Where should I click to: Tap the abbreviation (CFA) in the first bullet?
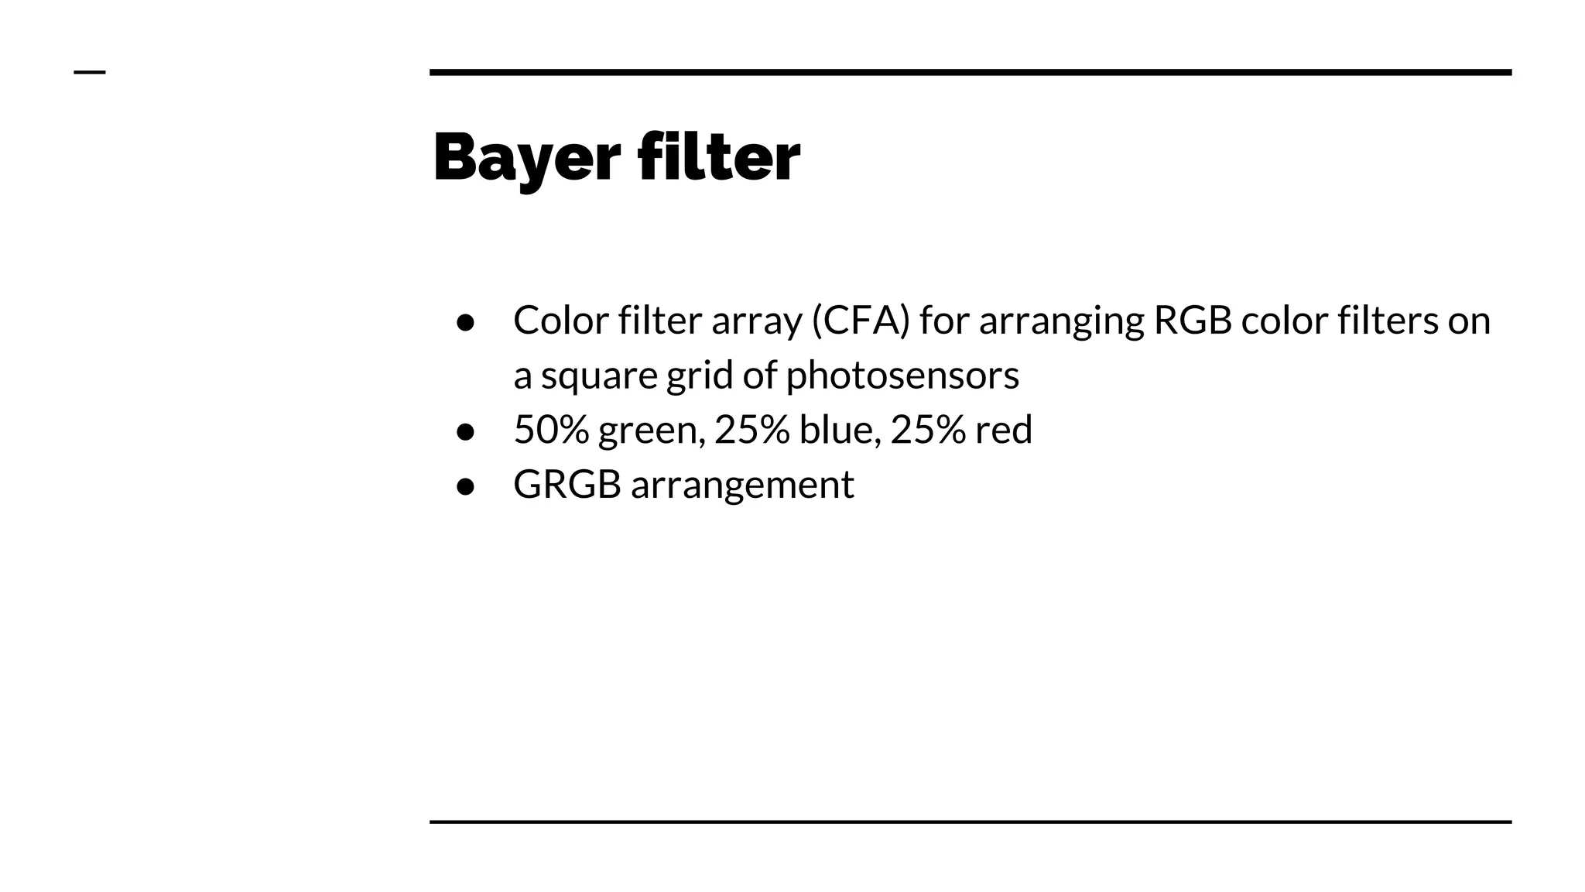click(x=861, y=321)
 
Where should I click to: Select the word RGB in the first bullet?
click(x=1192, y=321)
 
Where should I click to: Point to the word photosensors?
click(x=902, y=376)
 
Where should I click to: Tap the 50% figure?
click(x=551, y=430)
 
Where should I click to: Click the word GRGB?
click(x=567, y=485)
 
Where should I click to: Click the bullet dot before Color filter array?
click(x=465, y=322)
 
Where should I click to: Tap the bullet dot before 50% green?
click(x=465, y=431)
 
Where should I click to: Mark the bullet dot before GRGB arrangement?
click(x=465, y=486)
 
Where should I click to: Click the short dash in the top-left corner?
click(x=89, y=73)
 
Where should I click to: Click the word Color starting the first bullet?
click(x=561, y=321)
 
